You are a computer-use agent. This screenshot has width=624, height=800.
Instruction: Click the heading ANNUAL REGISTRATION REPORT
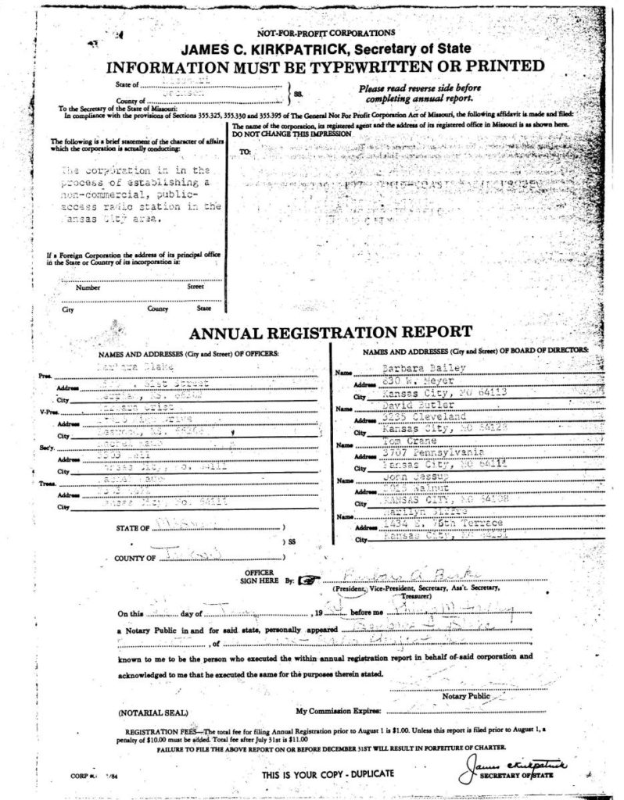330,333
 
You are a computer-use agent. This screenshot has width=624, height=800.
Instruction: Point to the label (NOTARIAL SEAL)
152,713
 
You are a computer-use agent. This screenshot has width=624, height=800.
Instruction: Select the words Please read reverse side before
419,88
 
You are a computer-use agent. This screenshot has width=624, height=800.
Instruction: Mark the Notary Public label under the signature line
465,695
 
